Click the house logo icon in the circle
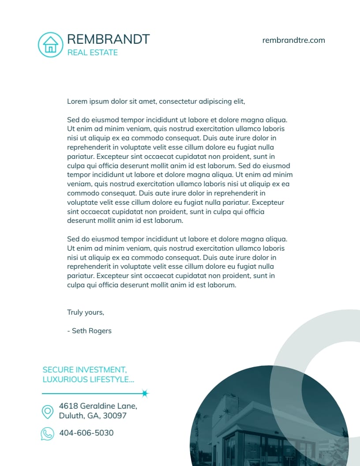coord(51,45)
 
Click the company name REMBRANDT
coord(108,39)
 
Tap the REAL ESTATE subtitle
coord(93,53)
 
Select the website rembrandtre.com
coord(293,40)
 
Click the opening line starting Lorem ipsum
coord(156,101)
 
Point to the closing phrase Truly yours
coord(86,312)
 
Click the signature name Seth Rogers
coord(92,331)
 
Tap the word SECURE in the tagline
coord(58,370)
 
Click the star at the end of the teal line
coord(145,393)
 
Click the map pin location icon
coord(47,412)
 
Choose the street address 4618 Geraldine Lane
coord(98,406)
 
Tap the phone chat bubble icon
coord(47,434)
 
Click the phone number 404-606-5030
coord(86,433)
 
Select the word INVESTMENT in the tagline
coord(101,370)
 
